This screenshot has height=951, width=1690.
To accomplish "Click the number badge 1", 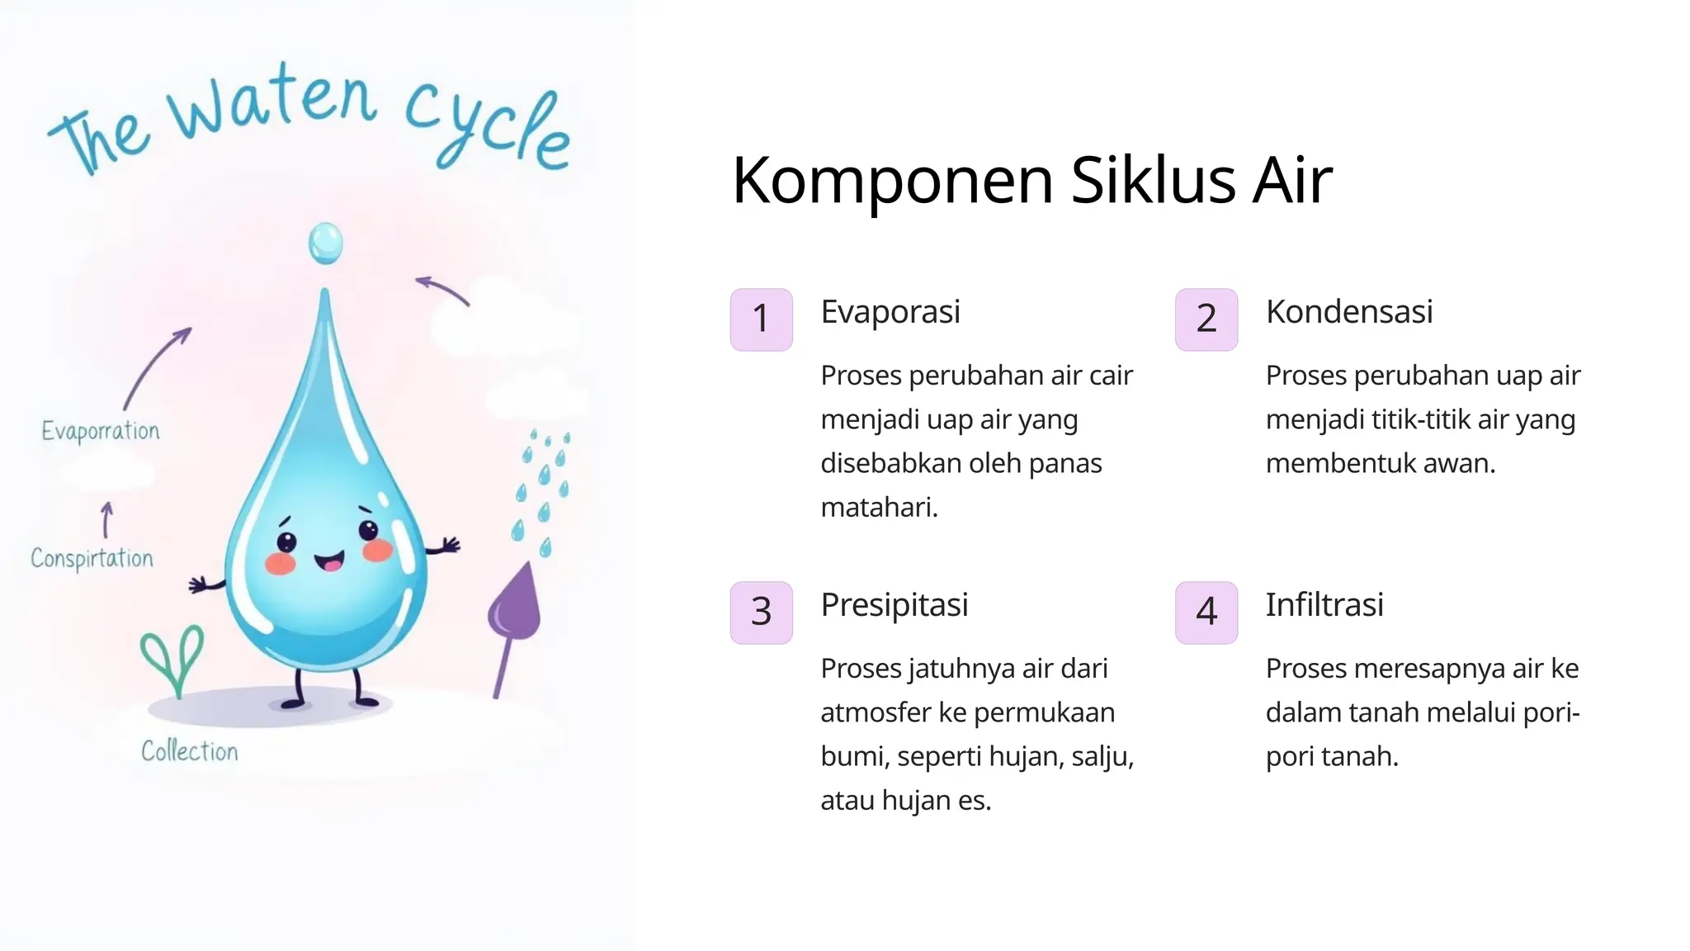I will (x=761, y=319).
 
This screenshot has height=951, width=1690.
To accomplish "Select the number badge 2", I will (x=1206, y=319).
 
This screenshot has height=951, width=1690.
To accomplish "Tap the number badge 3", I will (x=761, y=613).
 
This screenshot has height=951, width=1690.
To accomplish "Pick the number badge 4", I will (x=1206, y=613).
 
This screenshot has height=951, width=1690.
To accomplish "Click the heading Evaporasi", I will (x=890, y=312).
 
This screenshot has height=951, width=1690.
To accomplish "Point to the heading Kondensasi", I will (x=1349, y=312).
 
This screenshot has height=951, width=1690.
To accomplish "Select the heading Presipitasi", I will (x=895, y=605).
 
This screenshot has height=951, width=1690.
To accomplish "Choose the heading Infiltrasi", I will (x=1324, y=605).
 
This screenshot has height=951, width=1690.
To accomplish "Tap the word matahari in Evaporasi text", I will (x=879, y=507).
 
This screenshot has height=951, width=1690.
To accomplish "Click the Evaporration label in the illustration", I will (x=101, y=431).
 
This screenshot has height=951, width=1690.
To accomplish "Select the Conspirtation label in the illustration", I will (x=92, y=559).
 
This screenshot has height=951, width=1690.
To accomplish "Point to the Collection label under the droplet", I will (x=190, y=751).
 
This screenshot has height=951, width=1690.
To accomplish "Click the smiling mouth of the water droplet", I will (x=329, y=562).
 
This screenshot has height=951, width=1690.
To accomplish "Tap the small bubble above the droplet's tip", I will (x=325, y=244).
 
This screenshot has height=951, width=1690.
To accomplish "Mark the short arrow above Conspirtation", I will (x=106, y=520).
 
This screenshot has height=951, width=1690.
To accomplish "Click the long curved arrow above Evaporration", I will (x=156, y=368).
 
